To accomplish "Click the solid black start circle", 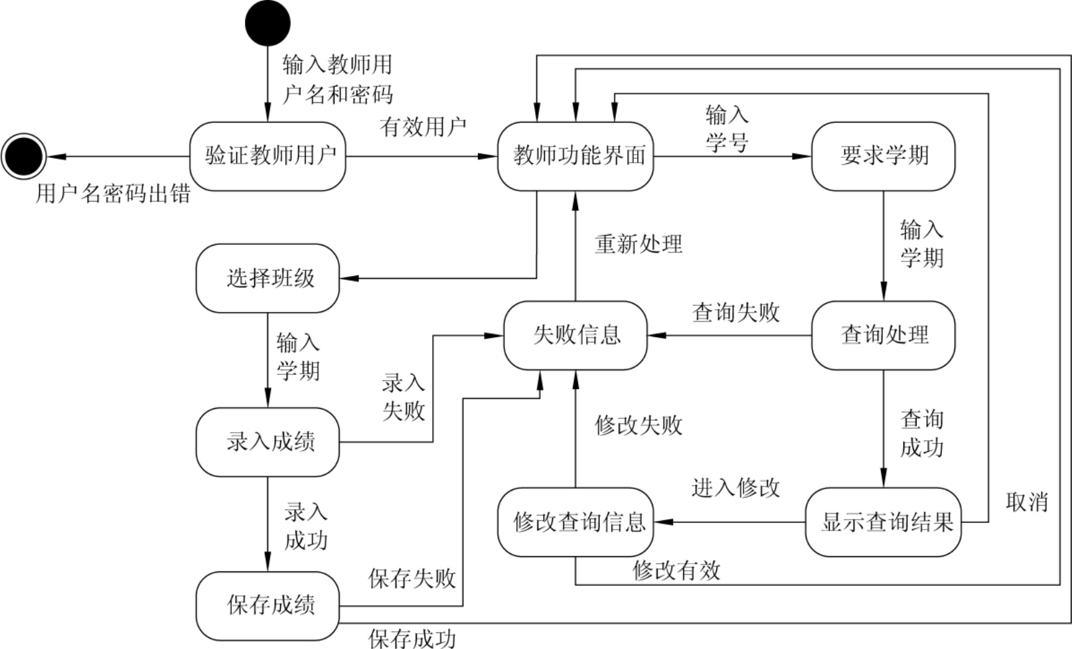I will click(268, 23).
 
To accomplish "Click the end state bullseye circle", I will click(23, 157).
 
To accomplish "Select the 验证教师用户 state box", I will click(268, 157).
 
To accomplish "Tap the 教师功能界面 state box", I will click(575, 157).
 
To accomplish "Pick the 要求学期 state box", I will click(883, 157).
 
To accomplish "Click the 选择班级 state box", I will click(268, 279).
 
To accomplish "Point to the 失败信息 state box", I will click(575, 335).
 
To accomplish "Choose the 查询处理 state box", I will click(883, 335).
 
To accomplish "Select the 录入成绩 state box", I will click(268, 442).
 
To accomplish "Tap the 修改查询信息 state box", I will click(575, 522).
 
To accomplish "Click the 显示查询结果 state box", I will click(883, 522).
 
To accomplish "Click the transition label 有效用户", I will click(423, 127).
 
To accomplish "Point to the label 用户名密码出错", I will click(113, 194).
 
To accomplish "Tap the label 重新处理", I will click(638, 244).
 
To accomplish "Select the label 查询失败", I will click(735, 313).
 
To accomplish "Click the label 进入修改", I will click(735, 488).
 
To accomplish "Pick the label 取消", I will click(1027, 502).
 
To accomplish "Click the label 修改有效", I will click(676, 570).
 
